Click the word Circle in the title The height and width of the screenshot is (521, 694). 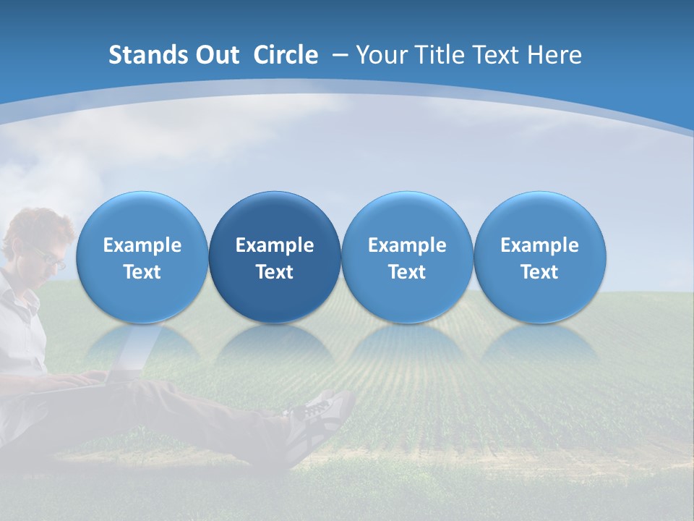pyautogui.click(x=286, y=55)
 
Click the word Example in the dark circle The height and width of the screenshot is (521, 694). pyautogui.click(x=275, y=245)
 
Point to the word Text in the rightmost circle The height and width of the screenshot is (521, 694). pyautogui.click(x=539, y=272)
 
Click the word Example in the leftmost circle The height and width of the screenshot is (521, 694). pyautogui.click(x=142, y=245)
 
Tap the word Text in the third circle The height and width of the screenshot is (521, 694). pyautogui.click(x=407, y=272)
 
